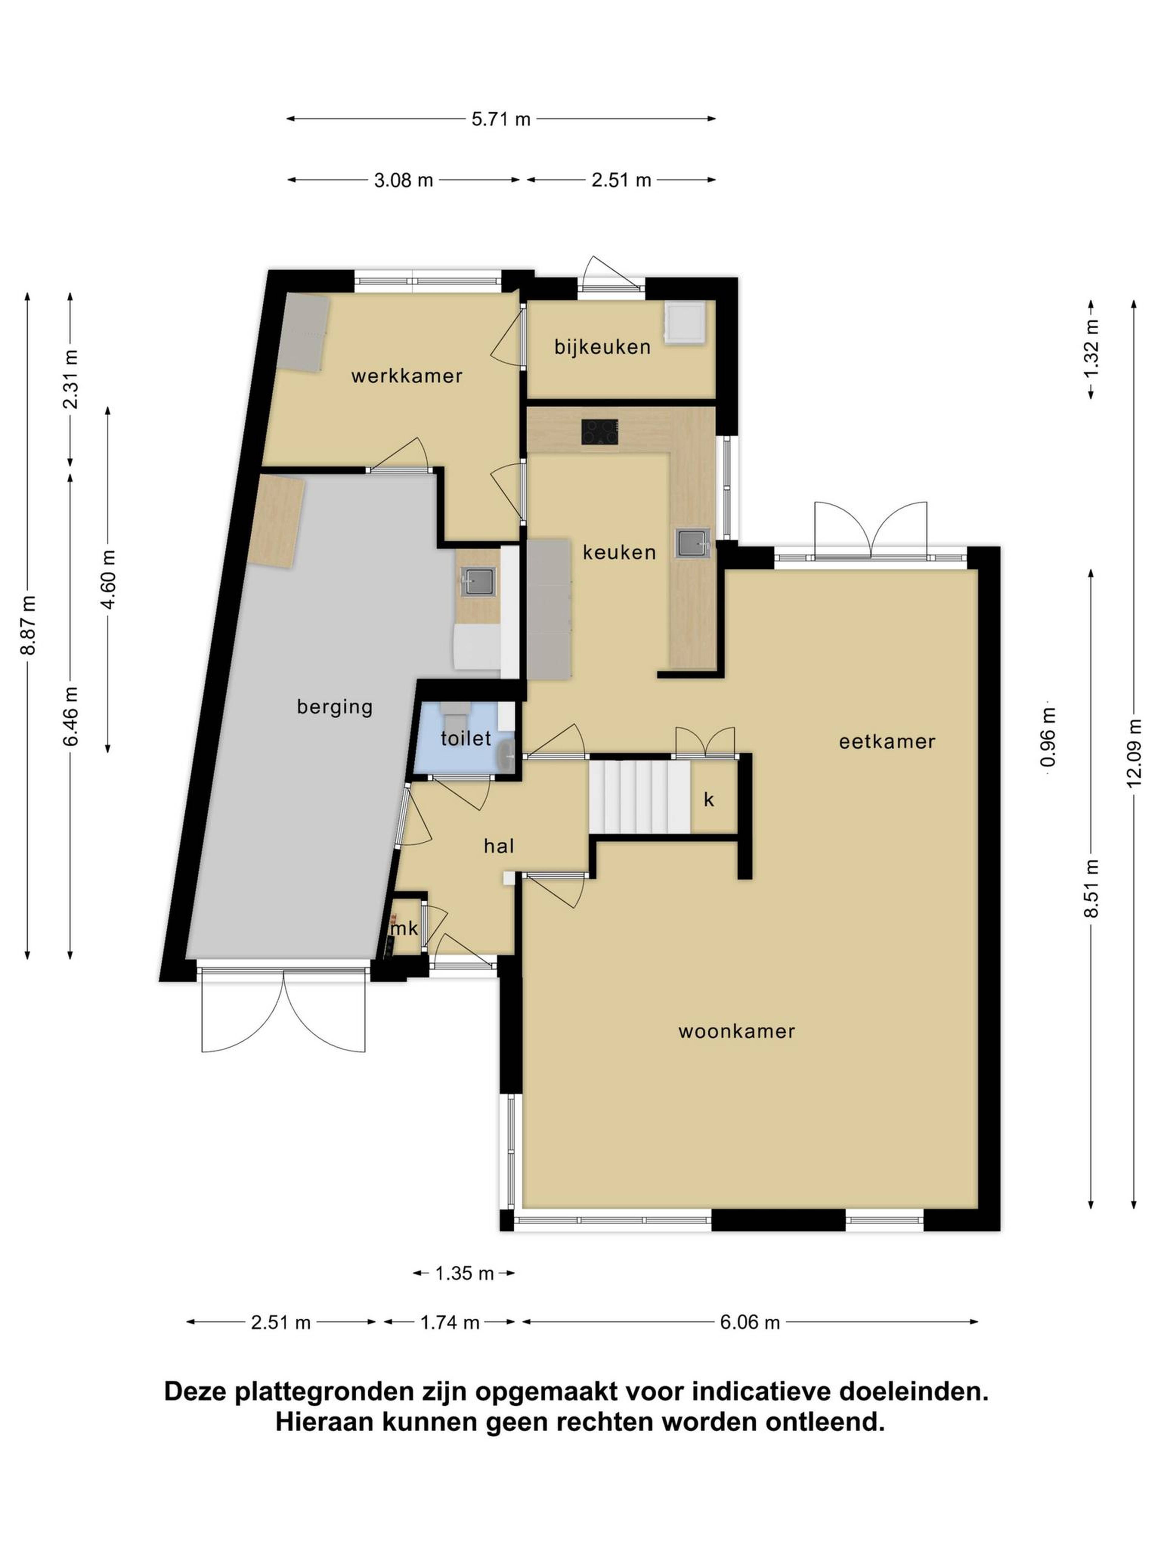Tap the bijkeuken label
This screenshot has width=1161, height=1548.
pos(603,347)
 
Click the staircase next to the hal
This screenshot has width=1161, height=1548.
pos(640,796)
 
